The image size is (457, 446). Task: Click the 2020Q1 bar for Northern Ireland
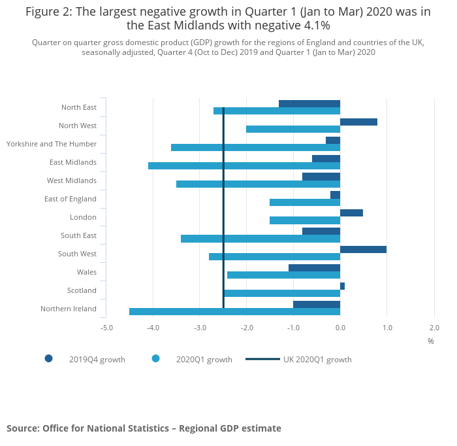235,312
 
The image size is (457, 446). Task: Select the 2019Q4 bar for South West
363,249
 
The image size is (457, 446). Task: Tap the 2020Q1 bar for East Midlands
244,165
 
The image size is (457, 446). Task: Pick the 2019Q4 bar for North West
358,122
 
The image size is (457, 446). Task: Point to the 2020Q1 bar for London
305,220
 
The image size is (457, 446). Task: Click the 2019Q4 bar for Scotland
342,286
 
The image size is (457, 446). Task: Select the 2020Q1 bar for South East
260,239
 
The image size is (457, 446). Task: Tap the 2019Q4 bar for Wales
314,267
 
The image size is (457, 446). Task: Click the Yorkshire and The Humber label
52,144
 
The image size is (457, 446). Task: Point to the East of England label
70,199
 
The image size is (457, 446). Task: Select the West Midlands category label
72,180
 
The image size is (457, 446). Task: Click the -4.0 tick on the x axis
153,327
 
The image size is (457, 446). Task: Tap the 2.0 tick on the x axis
433,327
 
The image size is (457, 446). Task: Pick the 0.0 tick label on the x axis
340,327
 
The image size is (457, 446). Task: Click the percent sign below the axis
430,341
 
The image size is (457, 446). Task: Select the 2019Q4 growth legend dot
48,358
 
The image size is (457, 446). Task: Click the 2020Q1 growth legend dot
155,358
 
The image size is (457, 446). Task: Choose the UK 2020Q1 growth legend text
317,359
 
